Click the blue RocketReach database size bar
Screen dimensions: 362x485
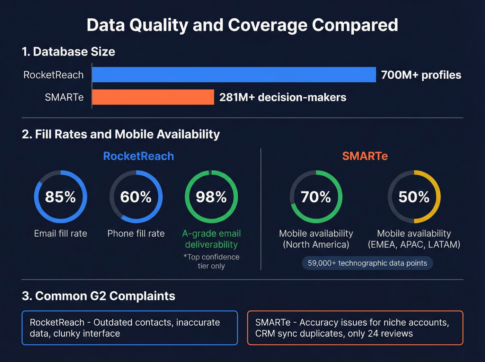tap(234, 74)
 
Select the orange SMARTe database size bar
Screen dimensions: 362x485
tap(153, 97)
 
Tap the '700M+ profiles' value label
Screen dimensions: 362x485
tap(421, 75)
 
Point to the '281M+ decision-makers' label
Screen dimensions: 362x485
tap(283, 97)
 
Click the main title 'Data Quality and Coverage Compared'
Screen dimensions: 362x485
tap(242, 25)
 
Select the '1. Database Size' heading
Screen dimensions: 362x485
tap(68, 52)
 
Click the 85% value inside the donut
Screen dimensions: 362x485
tap(60, 197)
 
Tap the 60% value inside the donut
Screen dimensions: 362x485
tap(136, 197)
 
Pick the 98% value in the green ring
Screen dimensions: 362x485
tap(211, 197)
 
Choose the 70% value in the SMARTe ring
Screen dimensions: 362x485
tap(316, 197)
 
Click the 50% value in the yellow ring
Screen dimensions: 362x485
tap(414, 197)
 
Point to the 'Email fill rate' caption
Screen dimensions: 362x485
tap(60, 233)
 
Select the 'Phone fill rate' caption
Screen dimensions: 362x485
tap(136, 233)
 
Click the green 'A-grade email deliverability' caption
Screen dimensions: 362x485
tap(211, 239)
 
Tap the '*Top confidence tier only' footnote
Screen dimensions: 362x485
tap(211, 262)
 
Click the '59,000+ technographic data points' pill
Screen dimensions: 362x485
tap(367, 263)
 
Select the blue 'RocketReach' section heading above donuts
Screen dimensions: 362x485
tap(139, 156)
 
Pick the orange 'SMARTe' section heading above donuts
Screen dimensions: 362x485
tap(365, 156)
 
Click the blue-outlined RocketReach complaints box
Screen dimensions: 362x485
tap(130, 328)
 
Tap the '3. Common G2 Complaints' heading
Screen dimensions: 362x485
tap(98, 296)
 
